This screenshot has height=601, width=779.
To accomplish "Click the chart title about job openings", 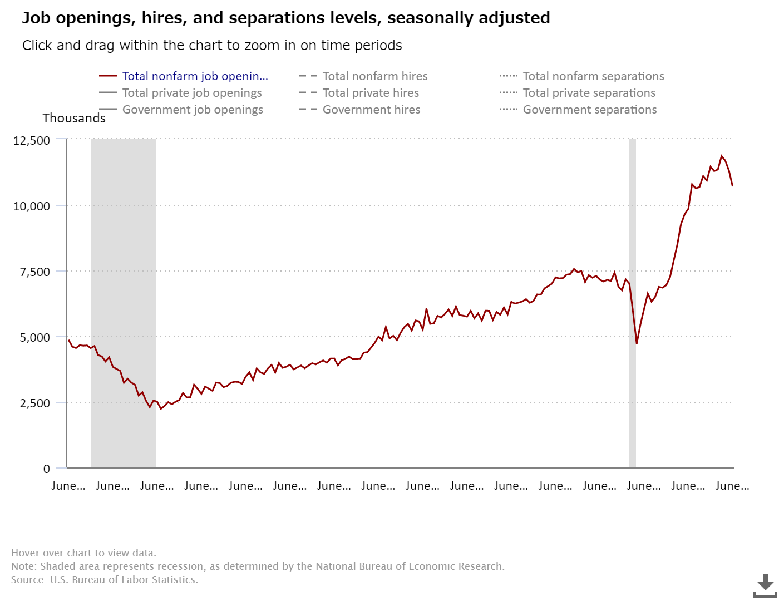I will (x=286, y=18).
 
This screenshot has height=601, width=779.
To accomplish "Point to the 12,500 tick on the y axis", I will (x=32, y=140).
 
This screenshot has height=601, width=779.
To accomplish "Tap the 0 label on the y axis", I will (x=47, y=469).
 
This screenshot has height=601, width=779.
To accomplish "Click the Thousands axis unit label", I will (x=74, y=118).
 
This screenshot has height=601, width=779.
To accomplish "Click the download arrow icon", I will (x=765, y=585).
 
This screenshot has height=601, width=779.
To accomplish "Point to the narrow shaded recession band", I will (x=633, y=303).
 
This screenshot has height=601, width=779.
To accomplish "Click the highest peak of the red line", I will (x=722, y=156).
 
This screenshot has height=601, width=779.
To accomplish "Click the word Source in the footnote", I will (x=28, y=580).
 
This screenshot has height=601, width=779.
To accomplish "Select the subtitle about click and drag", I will (x=212, y=46).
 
